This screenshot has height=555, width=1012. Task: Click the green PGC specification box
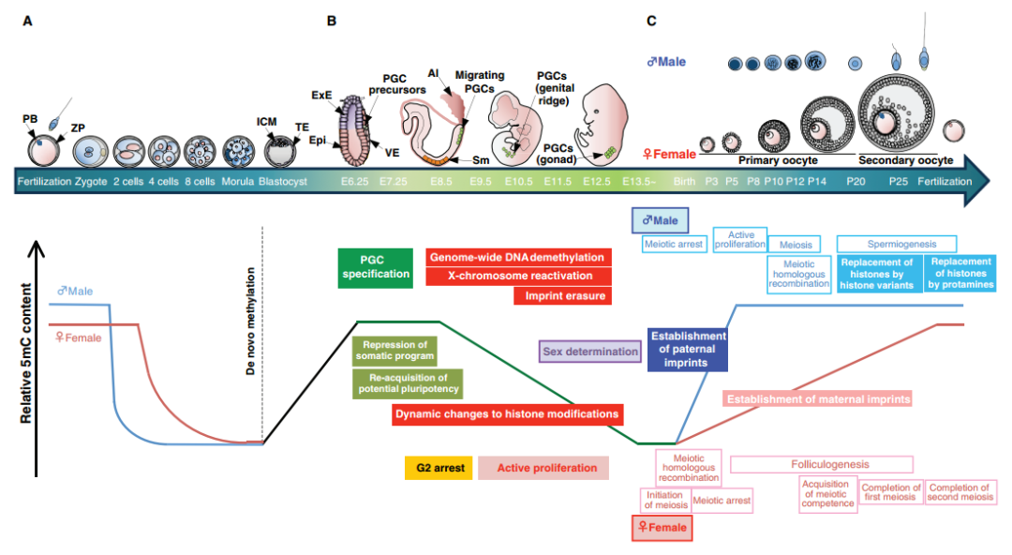(375, 267)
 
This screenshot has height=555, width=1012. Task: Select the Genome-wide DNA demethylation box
(518, 257)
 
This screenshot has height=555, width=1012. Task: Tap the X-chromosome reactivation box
(518, 276)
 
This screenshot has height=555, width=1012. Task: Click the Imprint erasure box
(562, 296)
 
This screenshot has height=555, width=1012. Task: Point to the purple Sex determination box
(590, 352)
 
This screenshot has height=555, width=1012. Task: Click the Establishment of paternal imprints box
(687, 349)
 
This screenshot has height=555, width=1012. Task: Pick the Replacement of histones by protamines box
(960, 273)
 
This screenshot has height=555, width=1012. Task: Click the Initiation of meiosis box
(664, 501)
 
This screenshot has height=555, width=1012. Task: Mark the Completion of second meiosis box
(960, 492)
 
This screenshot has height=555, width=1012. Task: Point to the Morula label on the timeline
(238, 181)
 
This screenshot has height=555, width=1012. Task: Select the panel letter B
(332, 21)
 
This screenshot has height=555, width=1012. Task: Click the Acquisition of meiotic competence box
(827, 493)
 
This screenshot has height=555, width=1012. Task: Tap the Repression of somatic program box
(396, 351)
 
